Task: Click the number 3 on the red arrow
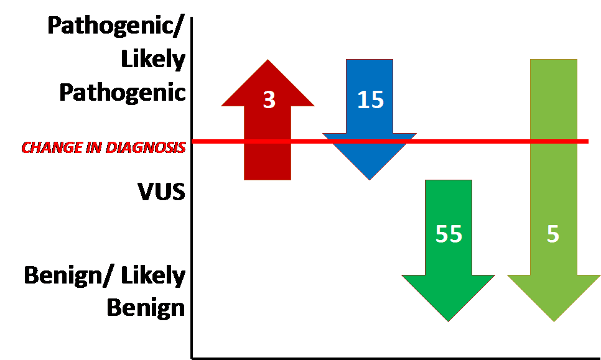coord(269,100)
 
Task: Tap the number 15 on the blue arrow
coord(370,100)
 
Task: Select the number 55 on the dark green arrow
coord(449,234)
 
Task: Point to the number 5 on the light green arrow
coord(553,234)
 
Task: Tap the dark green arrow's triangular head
coord(448,295)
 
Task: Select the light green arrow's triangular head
coord(554,295)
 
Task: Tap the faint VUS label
coord(162,190)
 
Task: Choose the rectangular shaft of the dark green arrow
coord(448,205)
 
